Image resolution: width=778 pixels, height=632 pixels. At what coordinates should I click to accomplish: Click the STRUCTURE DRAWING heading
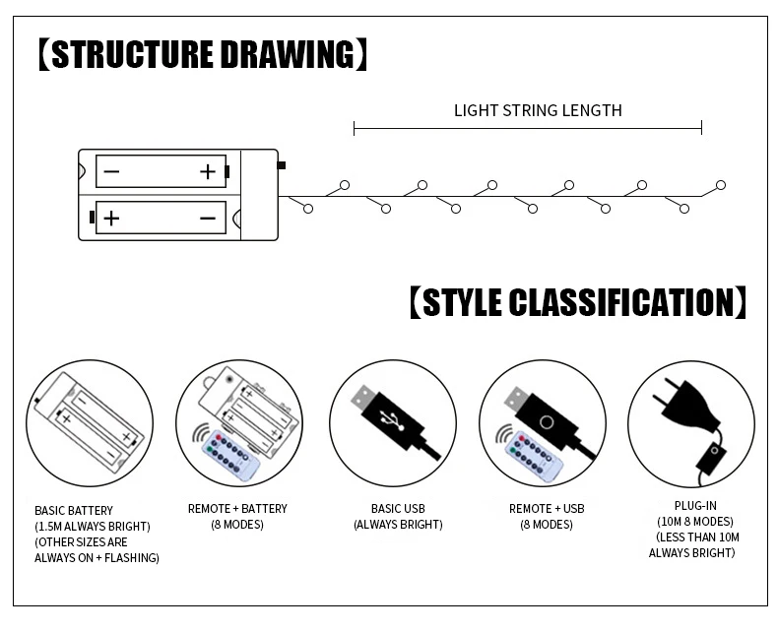(202, 54)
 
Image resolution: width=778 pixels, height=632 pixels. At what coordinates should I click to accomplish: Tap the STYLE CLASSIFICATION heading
(577, 302)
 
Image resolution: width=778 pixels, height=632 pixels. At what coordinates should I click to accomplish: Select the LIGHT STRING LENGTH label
(538, 110)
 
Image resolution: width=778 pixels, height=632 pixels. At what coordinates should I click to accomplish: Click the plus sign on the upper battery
(207, 172)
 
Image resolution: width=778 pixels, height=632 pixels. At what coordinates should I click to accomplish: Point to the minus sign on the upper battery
(111, 172)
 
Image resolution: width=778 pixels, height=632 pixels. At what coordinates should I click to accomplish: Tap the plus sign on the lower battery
(111, 218)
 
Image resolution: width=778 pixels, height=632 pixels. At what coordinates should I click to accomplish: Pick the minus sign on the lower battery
(207, 218)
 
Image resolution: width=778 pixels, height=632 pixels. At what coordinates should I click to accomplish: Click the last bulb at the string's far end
(721, 185)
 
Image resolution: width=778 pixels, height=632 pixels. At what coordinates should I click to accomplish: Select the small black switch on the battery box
(282, 165)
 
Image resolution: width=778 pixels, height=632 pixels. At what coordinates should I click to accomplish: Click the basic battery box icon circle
(89, 423)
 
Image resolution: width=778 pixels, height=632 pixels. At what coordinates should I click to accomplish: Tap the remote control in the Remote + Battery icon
(228, 454)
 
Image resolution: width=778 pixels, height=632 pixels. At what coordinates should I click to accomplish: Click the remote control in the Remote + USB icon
(533, 454)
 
